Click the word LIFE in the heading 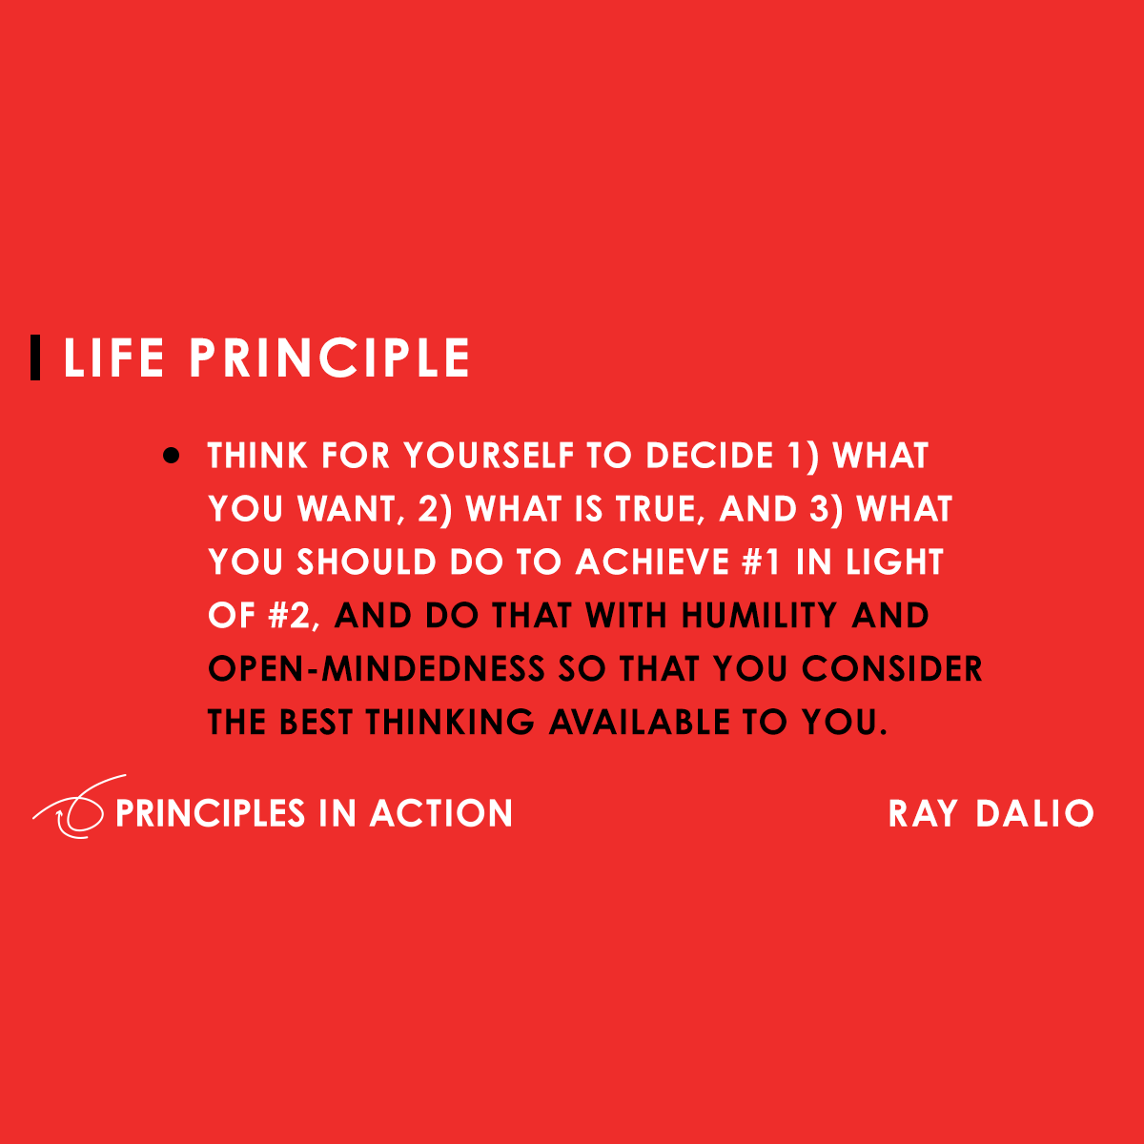click(x=113, y=358)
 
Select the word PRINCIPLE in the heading click(x=329, y=358)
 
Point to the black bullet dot click(x=172, y=456)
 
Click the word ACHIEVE click(x=651, y=562)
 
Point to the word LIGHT click(x=894, y=562)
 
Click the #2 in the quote click(x=290, y=616)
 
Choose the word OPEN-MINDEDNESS click(x=377, y=669)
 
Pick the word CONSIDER click(x=892, y=669)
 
